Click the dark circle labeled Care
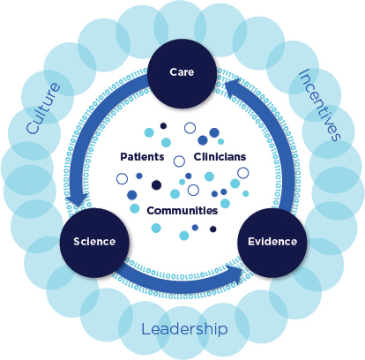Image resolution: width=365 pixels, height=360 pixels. [x=182, y=73]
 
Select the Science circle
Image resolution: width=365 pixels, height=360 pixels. [x=94, y=243]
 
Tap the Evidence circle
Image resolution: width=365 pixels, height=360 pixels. [x=272, y=243]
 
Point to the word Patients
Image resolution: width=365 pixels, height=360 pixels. [x=142, y=157]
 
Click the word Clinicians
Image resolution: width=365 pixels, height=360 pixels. [x=220, y=157]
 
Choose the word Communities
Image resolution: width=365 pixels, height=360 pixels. [x=182, y=211]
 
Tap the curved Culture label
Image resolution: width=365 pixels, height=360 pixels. [x=43, y=109]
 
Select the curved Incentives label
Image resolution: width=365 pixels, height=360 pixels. [x=320, y=105]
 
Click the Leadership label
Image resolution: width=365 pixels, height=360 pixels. [x=184, y=329]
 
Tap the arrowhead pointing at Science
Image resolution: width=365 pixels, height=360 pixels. [x=77, y=199]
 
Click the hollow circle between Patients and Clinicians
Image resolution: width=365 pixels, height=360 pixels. [x=179, y=161]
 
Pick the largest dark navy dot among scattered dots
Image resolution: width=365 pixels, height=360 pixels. [x=156, y=185]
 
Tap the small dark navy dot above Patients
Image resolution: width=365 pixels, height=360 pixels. [x=163, y=126]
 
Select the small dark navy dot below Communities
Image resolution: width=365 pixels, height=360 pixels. [x=213, y=229]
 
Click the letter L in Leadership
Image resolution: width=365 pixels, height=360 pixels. [x=145, y=329]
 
